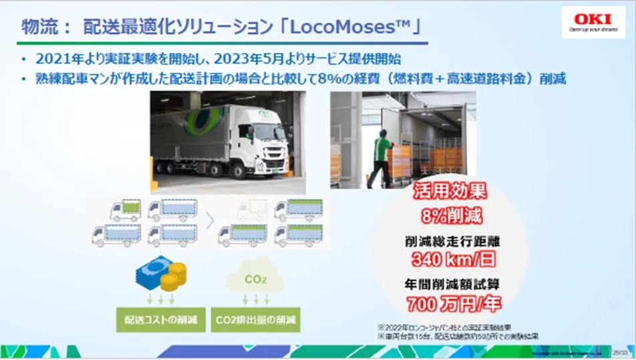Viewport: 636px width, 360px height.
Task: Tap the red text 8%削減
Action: (450, 216)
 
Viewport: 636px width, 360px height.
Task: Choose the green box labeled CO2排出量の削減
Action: (256, 319)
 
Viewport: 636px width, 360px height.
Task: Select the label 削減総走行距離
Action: (450, 241)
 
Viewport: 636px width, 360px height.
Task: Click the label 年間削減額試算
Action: (450, 283)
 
